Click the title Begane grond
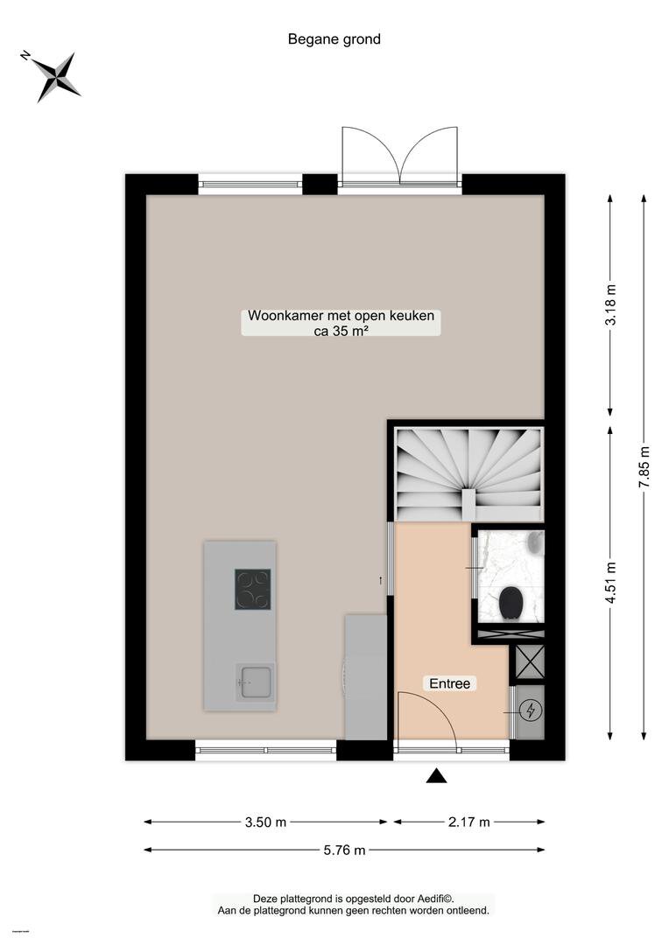[334, 39]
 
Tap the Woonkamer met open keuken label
[341, 316]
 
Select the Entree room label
[449, 683]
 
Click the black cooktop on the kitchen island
[253, 589]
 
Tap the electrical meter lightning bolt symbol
[531, 710]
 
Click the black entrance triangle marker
[436, 776]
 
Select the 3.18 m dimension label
[610, 312]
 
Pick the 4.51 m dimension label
[610, 582]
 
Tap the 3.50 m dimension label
[265, 822]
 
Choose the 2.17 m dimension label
[468, 822]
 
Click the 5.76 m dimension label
[344, 850]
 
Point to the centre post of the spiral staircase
[468, 502]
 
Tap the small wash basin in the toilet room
[534, 542]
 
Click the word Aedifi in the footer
[442, 899]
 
